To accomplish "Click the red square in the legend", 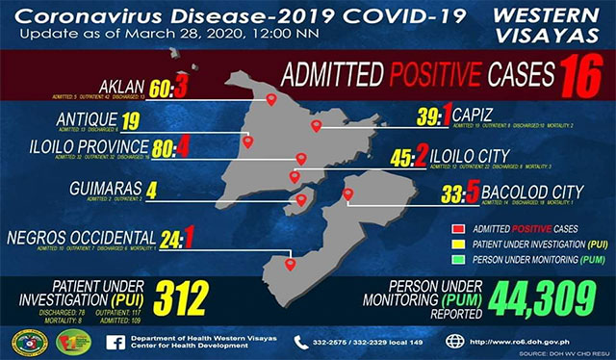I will [458, 229].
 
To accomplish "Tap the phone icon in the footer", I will [298, 341].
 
